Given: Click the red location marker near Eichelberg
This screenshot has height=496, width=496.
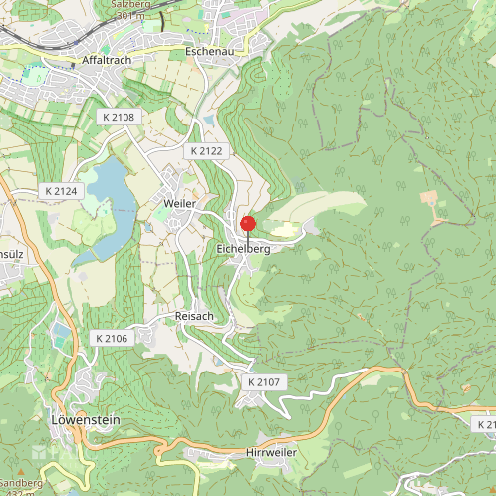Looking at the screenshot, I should [x=248, y=224].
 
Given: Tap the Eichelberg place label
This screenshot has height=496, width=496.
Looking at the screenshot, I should [x=243, y=248].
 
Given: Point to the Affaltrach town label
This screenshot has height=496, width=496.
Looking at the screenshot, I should [x=109, y=60].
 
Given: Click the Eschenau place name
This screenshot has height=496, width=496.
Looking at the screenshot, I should [x=208, y=50].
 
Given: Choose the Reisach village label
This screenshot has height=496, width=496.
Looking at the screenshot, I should [x=194, y=316].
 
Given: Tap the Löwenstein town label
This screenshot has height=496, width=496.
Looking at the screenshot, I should [x=85, y=420].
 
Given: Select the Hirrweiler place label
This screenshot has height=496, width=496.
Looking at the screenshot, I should [x=271, y=452].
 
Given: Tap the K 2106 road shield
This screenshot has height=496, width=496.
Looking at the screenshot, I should [x=113, y=339].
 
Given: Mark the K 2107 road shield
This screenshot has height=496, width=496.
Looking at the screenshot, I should [x=265, y=382].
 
